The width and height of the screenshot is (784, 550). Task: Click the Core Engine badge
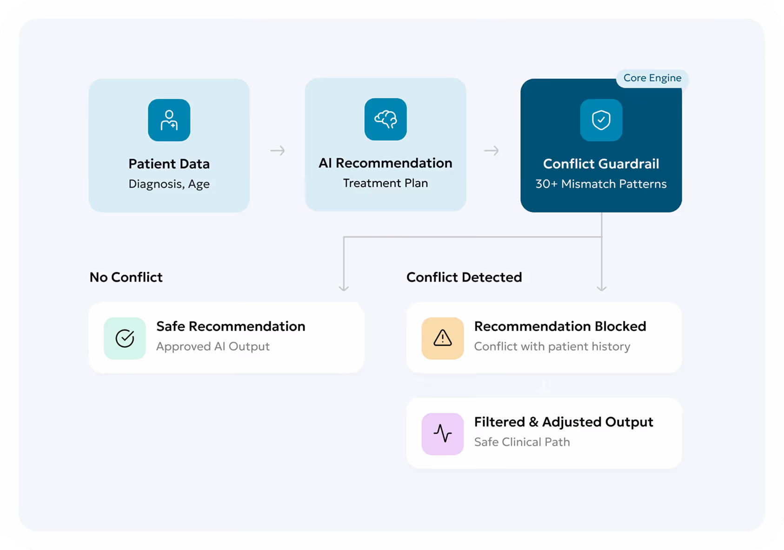tap(652, 78)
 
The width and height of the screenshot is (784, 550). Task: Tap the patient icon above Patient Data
tap(169, 120)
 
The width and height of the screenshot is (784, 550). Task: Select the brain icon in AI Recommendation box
tap(385, 119)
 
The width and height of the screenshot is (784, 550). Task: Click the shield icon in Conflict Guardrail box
tap(601, 120)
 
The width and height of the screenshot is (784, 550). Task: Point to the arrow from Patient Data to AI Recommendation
tap(278, 151)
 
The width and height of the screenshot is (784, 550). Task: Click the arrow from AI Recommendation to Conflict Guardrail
tap(492, 151)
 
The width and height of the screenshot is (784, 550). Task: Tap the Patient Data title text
tap(169, 164)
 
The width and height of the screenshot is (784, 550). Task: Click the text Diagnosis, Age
tap(169, 184)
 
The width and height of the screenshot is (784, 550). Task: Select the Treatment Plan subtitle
tap(385, 183)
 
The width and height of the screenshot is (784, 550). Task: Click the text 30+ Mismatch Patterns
tap(601, 184)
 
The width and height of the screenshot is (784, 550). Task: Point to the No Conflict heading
tap(126, 277)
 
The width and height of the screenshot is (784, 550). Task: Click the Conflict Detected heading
tap(464, 277)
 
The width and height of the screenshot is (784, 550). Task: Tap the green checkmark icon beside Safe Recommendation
tap(125, 338)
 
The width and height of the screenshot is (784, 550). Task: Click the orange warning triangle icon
tap(443, 338)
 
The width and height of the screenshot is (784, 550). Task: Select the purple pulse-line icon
tap(443, 434)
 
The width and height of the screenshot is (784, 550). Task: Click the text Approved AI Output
tap(213, 347)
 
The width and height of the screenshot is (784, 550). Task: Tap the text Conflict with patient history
tap(552, 347)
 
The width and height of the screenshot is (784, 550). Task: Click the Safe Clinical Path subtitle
tap(522, 442)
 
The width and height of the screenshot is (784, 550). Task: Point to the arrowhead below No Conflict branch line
tap(344, 288)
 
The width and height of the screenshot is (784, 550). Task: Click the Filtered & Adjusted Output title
tap(564, 422)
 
